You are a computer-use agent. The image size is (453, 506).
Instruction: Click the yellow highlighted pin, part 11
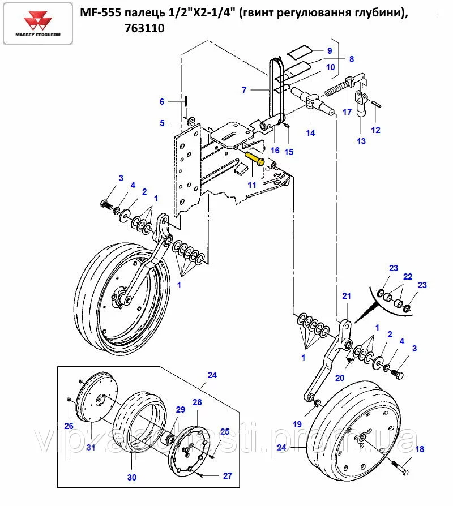coord(255,158)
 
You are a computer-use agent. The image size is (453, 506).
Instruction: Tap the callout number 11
coord(251,185)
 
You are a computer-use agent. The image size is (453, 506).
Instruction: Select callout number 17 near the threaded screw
coord(347,112)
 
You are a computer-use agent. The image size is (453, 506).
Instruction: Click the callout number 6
coord(162,102)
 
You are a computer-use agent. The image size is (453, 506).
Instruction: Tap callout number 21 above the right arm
coord(347,296)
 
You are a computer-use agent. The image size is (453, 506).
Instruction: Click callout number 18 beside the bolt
coord(420,450)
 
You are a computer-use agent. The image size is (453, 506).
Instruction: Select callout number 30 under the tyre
coord(131,477)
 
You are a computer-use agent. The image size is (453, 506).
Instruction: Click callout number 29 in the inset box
coord(180,410)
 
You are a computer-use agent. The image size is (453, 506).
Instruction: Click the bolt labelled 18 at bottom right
coord(403,469)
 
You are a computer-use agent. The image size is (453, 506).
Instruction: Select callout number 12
coord(376,130)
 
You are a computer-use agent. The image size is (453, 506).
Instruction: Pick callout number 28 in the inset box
coord(197,402)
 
